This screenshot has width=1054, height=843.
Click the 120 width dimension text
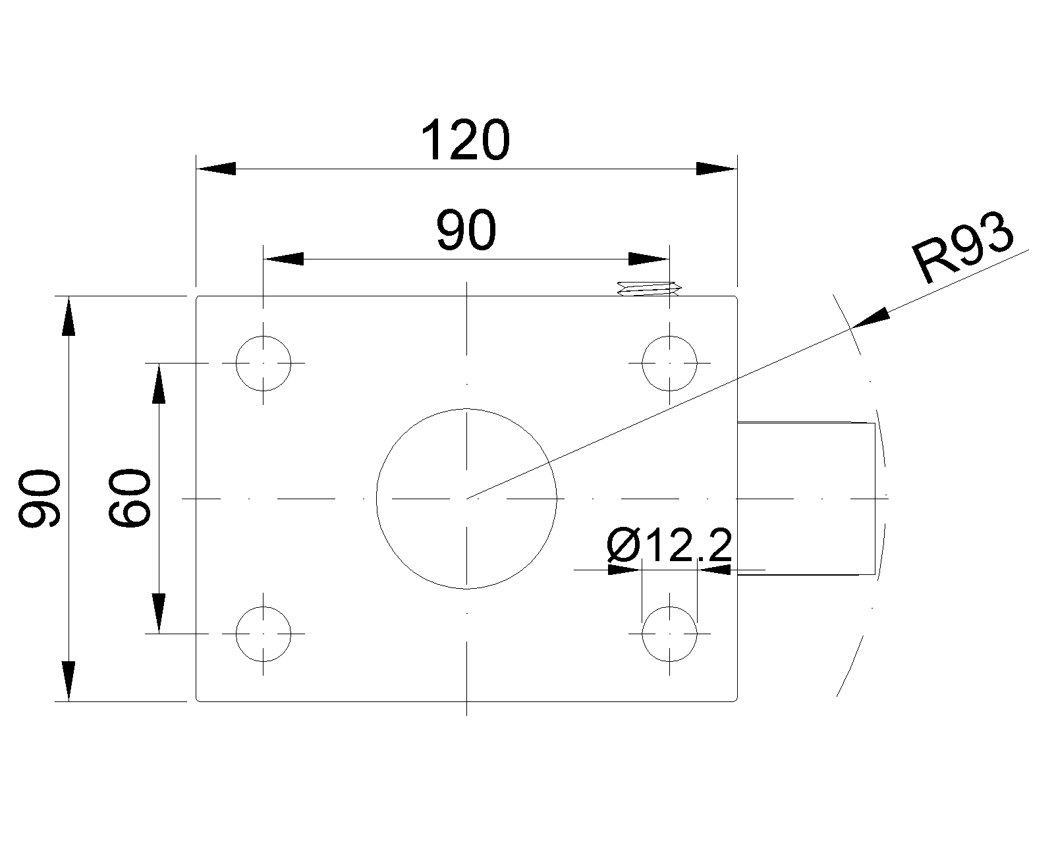coord(465,140)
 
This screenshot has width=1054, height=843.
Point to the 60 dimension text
coord(130,499)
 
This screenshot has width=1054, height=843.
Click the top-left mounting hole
coord(263,362)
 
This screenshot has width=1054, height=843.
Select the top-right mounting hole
coord(669,362)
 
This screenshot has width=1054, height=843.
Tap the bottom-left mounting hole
coord(263,634)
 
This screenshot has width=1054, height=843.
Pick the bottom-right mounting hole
coord(669,634)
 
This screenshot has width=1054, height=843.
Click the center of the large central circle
coord(466,498)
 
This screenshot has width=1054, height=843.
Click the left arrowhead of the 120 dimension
coord(216,169)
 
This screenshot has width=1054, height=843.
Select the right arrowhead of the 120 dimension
coord(717,169)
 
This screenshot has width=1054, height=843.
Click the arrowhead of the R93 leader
coord(871,318)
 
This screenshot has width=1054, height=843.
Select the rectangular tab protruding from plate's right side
coord(806,499)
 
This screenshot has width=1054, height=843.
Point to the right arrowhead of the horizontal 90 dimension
coord(650,259)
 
